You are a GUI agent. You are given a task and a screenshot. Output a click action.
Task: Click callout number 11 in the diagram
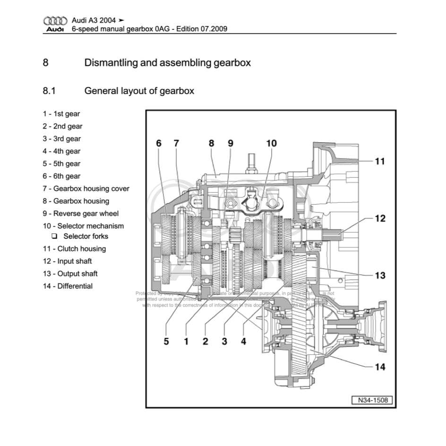[x=379, y=161]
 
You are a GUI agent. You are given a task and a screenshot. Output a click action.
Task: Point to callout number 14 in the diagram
[x=380, y=367]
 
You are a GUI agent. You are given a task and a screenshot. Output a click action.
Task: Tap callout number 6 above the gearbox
[x=159, y=143]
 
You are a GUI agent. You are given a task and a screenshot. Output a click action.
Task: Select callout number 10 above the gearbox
[x=271, y=143]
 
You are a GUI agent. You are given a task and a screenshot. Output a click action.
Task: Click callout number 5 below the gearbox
[x=166, y=341]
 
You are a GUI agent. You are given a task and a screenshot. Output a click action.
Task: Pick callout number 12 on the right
[x=380, y=219]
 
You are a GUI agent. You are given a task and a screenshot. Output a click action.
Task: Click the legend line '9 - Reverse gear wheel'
[x=81, y=214]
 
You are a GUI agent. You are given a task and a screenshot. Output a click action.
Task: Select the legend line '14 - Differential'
[x=68, y=286]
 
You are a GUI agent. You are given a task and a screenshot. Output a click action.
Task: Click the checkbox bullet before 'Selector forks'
[x=55, y=236]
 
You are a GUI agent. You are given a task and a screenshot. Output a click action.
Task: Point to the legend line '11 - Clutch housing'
[x=74, y=249]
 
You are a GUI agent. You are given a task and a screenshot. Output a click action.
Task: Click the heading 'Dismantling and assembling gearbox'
[x=167, y=62]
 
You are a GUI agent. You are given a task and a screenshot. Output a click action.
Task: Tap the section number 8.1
[x=49, y=91]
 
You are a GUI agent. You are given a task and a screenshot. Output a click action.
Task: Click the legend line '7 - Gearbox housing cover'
[x=86, y=189]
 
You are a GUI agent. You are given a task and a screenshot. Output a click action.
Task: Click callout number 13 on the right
[x=380, y=275]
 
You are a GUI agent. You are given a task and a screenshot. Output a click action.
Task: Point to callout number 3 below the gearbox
[x=224, y=341]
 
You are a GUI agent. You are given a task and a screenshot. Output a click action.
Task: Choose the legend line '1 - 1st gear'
[x=61, y=114]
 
